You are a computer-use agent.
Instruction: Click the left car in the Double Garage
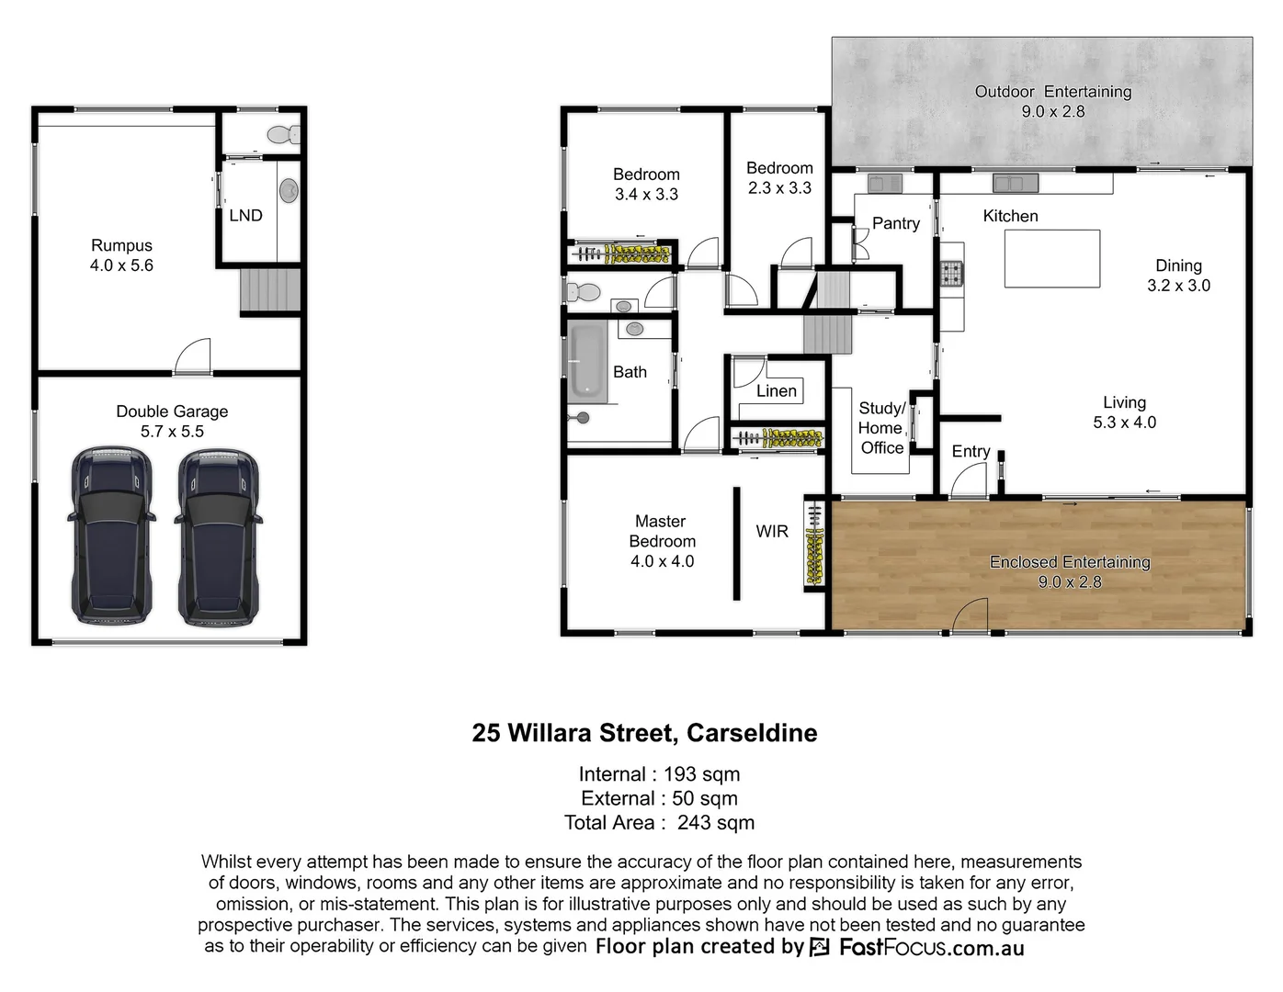pos(111,537)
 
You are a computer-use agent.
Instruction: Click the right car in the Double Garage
pos(218,537)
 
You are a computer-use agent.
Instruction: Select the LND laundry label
pos(245,216)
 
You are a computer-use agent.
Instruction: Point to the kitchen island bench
pos(1051,259)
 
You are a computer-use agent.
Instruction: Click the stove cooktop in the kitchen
pos(950,273)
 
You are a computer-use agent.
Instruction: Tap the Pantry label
pos(895,223)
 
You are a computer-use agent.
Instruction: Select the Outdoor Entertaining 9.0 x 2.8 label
pos(1052,101)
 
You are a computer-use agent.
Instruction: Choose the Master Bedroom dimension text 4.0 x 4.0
pos(662,561)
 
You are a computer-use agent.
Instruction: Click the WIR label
pos(772,531)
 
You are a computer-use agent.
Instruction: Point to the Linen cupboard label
pos(777,391)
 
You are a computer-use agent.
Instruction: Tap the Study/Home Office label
pos(881,428)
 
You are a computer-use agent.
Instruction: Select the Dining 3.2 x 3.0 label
pos(1178,276)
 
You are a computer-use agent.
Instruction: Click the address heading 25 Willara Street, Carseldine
pos(644,733)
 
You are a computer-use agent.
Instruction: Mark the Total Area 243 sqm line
pos(659,823)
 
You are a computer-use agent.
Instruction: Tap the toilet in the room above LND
pos(283,135)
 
